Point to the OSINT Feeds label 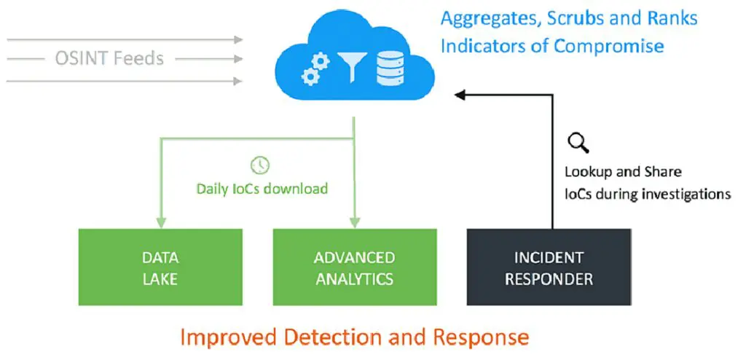(109, 58)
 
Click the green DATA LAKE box (161, 267)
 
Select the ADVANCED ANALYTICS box (355, 267)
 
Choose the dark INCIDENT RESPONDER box (549, 267)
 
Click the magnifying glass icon (578, 144)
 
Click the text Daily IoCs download (262, 189)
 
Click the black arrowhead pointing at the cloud (458, 93)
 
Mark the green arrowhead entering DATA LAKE (161, 222)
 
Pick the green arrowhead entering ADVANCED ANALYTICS (355, 222)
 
